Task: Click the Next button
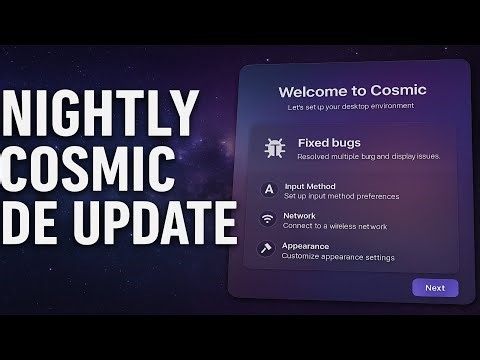tap(435, 288)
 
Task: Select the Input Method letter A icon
tap(267, 190)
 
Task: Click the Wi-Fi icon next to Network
tap(267, 219)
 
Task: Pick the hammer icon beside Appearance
tap(267, 249)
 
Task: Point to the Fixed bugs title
tap(329, 143)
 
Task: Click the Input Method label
tap(309, 186)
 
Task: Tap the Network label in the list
tap(299, 215)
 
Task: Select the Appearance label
tap(306, 245)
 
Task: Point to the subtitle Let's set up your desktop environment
tap(350, 106)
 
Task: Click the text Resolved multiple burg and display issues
tap(369, 157)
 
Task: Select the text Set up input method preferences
tap(341, 196)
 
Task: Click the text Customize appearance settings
tap(338, 256)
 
